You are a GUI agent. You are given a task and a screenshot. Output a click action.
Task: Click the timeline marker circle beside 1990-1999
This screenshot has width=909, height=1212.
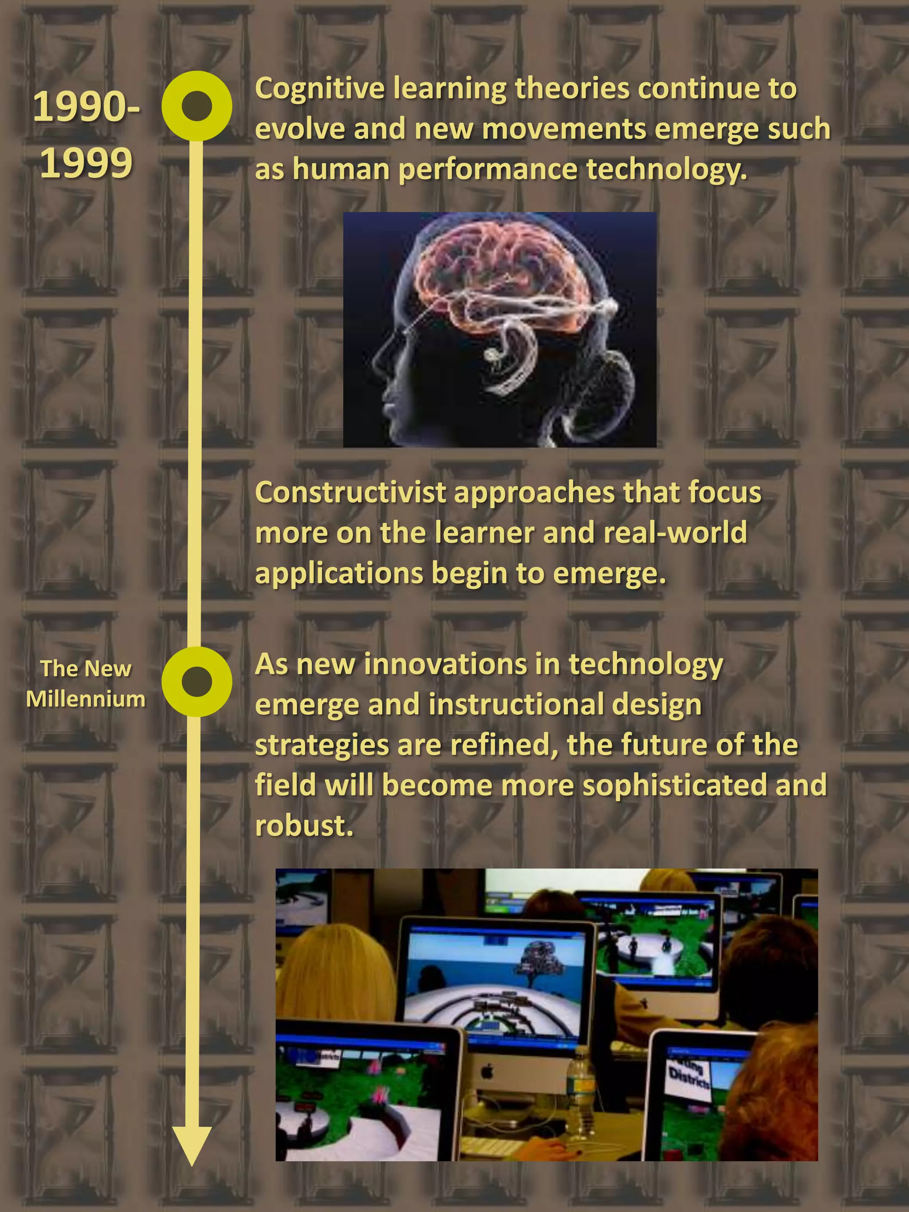click(197, 106)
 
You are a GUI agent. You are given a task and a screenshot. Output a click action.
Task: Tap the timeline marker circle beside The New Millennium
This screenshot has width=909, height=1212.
click(197, 682)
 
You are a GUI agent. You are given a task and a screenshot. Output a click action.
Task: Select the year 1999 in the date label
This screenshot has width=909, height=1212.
click(86, 163)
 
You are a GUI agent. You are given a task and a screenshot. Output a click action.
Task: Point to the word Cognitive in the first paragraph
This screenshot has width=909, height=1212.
click(320, 89)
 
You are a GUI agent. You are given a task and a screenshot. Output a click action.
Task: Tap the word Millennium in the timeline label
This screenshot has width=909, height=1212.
click(86, 699)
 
